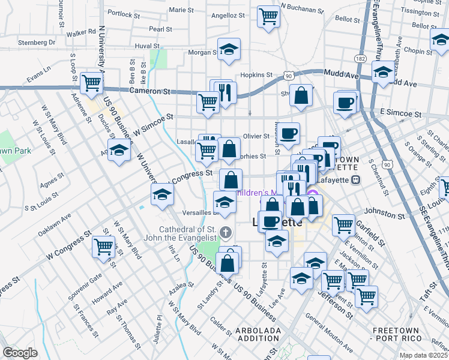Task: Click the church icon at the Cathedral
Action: click(226, 232)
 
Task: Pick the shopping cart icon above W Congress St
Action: click(104, 245)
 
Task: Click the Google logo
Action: click(20, 353)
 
